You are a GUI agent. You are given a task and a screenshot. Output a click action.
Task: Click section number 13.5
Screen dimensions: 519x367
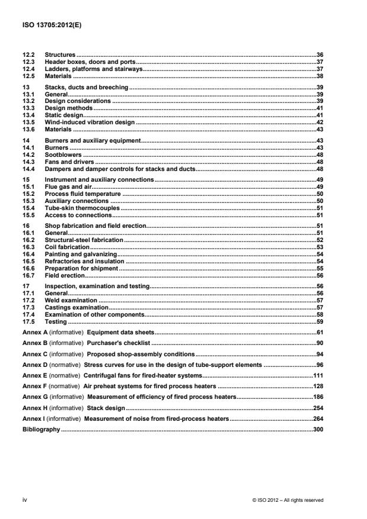click(x=27, y=121)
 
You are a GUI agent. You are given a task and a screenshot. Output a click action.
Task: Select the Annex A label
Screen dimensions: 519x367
click(x=34, y=333)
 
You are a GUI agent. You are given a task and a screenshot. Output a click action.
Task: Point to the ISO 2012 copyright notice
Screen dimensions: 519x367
click(x=288, y=500)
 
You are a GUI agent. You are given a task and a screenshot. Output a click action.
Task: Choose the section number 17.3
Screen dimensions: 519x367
click(x=27, y=307)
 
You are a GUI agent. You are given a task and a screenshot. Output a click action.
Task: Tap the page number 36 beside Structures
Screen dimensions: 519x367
click(x=319, y=55)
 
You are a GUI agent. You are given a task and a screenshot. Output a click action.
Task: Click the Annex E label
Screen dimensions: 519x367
click(x=34, y=375)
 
